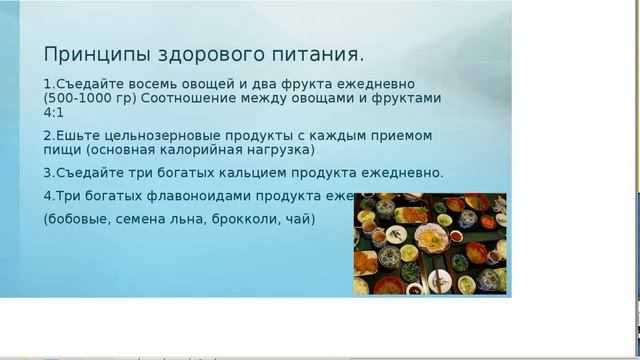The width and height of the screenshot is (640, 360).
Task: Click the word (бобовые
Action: [x=76, y=218]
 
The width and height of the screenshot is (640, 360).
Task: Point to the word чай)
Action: [x=299, y=218]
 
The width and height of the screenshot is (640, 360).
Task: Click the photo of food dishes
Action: [x=430, y=244]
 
